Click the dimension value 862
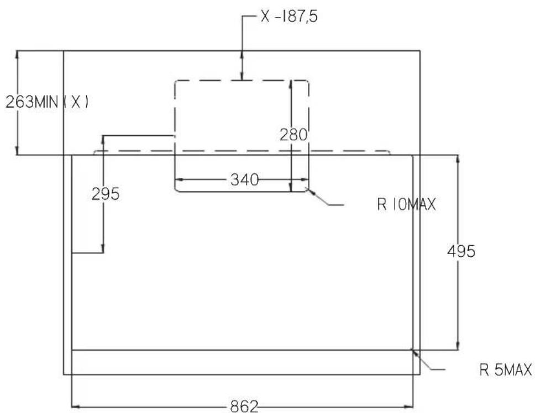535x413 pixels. click(244, 406)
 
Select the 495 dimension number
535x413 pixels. click(461, 251)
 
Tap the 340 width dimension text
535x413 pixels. click(245, 179)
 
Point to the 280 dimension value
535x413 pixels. click(293, 135)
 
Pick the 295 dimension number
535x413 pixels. click(106, 194)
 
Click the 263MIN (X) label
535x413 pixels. click(47, 102)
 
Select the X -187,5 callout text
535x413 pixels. click(289, 17)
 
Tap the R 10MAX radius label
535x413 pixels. click(406, 205)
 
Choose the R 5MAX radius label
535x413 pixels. click(506, 370)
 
